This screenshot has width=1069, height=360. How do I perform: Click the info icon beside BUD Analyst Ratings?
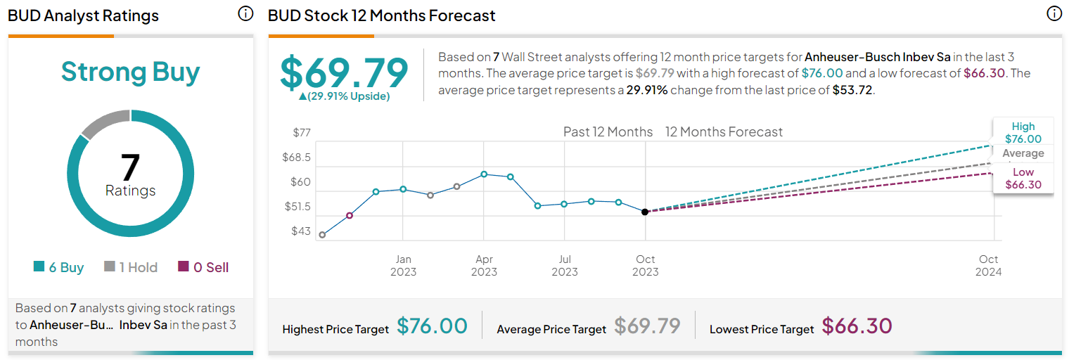(245, 14)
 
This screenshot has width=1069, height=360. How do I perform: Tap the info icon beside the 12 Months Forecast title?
(1054, 14)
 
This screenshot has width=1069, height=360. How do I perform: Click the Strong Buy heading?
(130, 72)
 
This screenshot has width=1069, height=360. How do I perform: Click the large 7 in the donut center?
(130, 167)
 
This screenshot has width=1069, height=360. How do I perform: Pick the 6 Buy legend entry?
(59, 267)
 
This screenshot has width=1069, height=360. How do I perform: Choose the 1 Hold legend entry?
(131, 267)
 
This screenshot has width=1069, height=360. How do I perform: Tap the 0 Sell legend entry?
(203, 267)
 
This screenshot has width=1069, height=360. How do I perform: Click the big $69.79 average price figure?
(344, 72)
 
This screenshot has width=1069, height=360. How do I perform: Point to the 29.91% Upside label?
(344, 96)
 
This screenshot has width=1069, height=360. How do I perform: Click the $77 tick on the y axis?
(301, 132)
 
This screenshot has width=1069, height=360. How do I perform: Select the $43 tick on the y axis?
(301, 231)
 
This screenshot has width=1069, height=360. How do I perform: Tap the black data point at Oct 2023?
(645, 212)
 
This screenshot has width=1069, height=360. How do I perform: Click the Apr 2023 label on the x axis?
(484, 266)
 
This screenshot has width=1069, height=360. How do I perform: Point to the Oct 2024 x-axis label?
(989, 266)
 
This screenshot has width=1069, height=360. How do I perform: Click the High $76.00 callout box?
(1023, 132)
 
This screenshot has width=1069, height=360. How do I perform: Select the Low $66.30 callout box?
(1023, 179)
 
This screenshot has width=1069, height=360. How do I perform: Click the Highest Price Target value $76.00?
(432, 326)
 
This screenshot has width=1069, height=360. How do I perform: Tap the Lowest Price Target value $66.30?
(857, 326)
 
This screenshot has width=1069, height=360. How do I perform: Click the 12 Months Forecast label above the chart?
(724, 132)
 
